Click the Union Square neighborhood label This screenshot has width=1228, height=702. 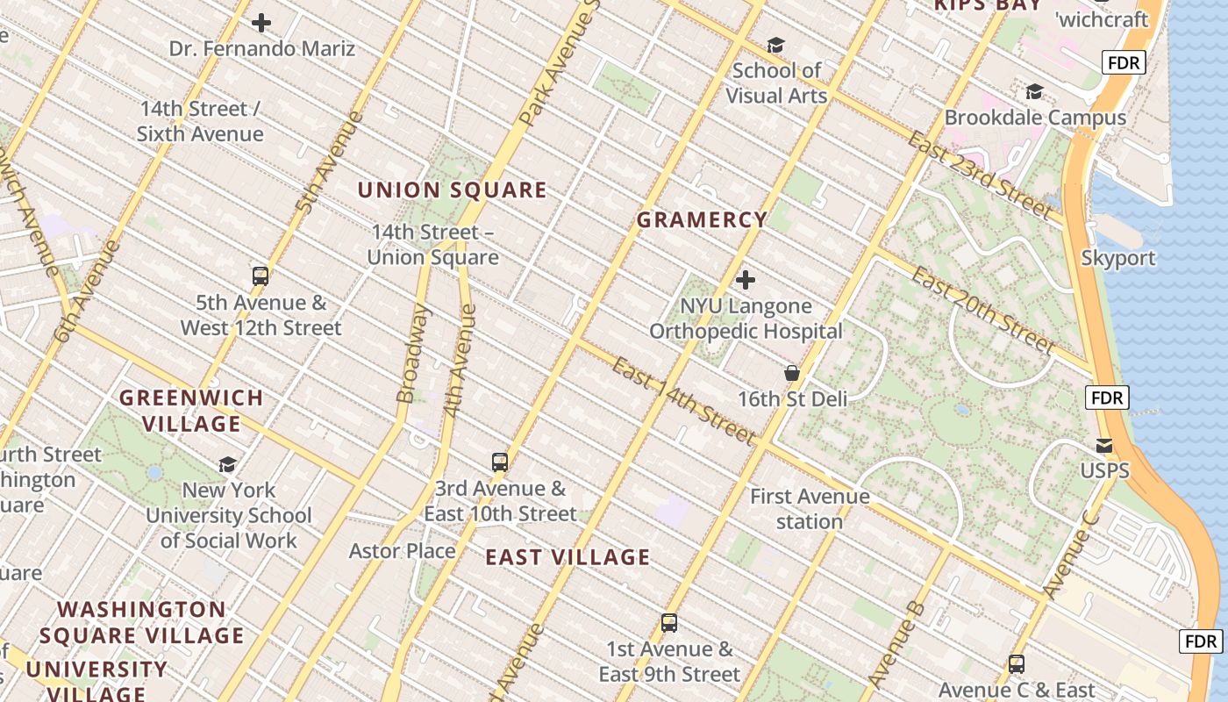click(452, 190)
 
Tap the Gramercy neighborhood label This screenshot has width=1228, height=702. click(702, 220)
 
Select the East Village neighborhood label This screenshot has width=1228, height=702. click(568, 557)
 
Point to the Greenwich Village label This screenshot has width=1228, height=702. click(191, 411)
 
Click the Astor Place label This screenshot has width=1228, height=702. click(402, 551)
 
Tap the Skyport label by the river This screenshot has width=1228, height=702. click(1117, 258)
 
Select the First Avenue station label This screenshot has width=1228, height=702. click(809, 509)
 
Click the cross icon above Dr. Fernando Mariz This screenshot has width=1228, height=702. click(261, 23)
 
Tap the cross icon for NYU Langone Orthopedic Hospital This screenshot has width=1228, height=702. click(746, 281)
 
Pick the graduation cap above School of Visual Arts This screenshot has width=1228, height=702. click(775, 45)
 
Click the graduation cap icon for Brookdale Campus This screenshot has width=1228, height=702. click(1034, 92)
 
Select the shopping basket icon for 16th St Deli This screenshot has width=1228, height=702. click(792, 374)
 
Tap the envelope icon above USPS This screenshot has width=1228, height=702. click(1104, 446)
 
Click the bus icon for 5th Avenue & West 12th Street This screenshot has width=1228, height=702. click(261, 276)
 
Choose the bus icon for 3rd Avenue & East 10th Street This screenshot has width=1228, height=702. click(500, 462)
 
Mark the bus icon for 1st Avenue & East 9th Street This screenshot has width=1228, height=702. click(669, 624)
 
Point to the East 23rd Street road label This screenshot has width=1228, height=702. click(979, 175)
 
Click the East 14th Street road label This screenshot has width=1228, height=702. click(683, 400)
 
